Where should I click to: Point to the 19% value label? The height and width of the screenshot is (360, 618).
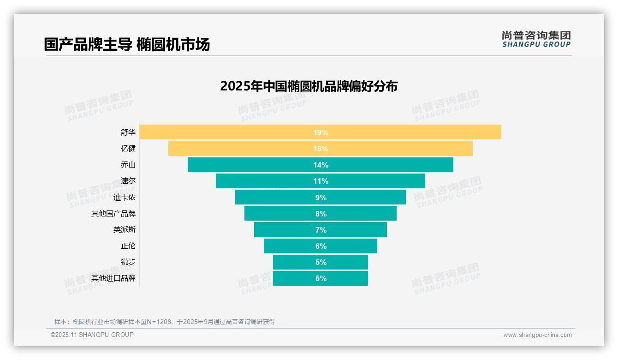pos(321,132)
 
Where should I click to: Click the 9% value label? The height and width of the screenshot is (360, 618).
pos(321,198)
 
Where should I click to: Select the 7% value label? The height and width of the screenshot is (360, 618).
pos(321,230)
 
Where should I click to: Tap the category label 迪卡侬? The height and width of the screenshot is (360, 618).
pos(125,198)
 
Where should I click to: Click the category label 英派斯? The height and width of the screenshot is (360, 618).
pos(125,230)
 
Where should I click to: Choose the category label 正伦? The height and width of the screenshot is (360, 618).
pos(128,246)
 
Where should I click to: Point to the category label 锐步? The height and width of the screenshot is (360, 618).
pos(128,262)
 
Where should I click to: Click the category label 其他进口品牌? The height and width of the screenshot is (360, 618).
pos(113,278)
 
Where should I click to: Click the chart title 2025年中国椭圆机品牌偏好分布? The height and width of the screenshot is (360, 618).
pos(309,86)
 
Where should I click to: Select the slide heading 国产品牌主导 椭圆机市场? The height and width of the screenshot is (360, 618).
pos(127,45)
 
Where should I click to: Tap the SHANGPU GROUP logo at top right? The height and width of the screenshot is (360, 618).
pos(536,39)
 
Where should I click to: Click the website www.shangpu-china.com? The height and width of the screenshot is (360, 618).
pos(537,335)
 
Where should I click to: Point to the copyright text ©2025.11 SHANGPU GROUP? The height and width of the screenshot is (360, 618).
pos(92,335)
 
